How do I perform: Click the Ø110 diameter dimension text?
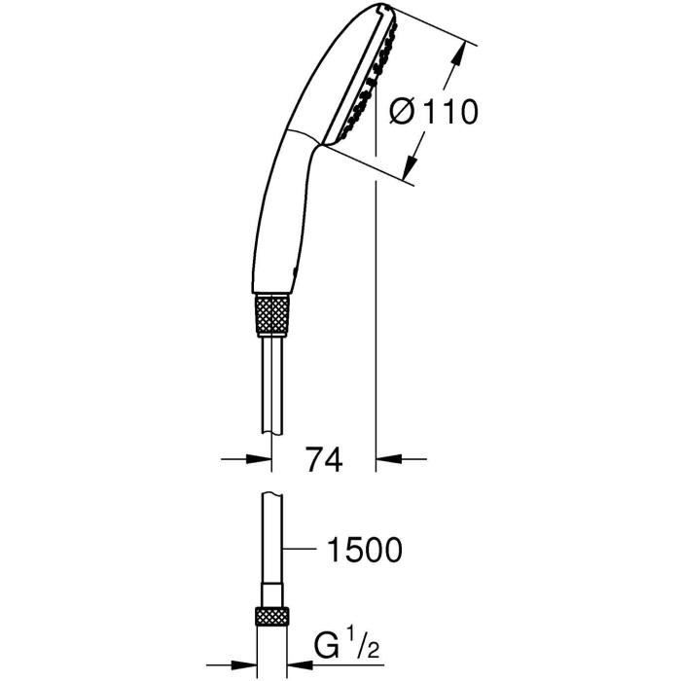(433, 112)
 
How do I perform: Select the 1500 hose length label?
(361, 551)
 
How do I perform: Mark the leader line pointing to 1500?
(302, 551)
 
